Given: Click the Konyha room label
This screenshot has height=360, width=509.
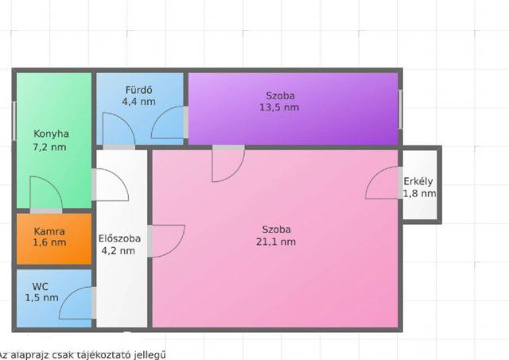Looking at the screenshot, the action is (51, 134).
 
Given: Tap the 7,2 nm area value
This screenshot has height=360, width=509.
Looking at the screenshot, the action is (49, 147).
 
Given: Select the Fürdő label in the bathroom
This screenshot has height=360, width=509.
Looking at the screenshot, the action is (138, 90).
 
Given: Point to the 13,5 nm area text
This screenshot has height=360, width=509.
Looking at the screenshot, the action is (279, 107).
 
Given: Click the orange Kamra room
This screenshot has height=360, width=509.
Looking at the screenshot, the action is (54, 238).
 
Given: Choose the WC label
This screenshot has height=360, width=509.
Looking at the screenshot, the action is (41, 287).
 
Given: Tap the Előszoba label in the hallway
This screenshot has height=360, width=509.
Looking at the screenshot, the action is (119, 238).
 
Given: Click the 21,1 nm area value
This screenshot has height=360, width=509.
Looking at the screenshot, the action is (276, 242).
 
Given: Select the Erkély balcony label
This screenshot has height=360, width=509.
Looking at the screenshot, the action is (418, 182).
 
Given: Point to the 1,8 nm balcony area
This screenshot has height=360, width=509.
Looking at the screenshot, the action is (419, 194).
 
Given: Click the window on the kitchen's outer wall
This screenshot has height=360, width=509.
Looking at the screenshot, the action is (14, 121).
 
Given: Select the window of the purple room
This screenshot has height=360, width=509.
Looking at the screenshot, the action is (401, 110).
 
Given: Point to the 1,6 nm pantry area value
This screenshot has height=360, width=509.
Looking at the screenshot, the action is (49, 242).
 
